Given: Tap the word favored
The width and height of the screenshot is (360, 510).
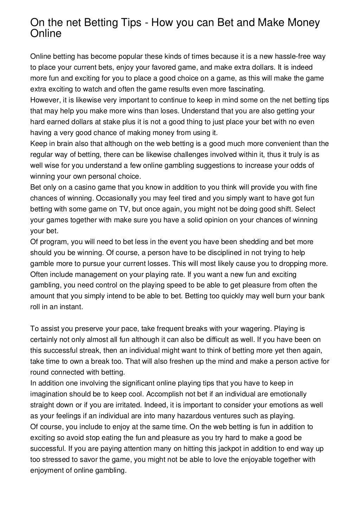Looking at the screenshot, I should [171, 67].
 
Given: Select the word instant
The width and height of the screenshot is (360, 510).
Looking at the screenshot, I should [72, 307].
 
